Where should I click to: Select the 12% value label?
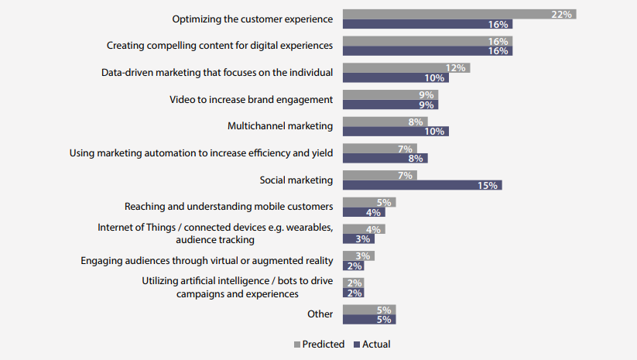point(456,68)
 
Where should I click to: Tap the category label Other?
point(320,314)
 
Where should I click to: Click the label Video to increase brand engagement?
point(252,99)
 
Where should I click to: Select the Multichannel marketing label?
point(280,126)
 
